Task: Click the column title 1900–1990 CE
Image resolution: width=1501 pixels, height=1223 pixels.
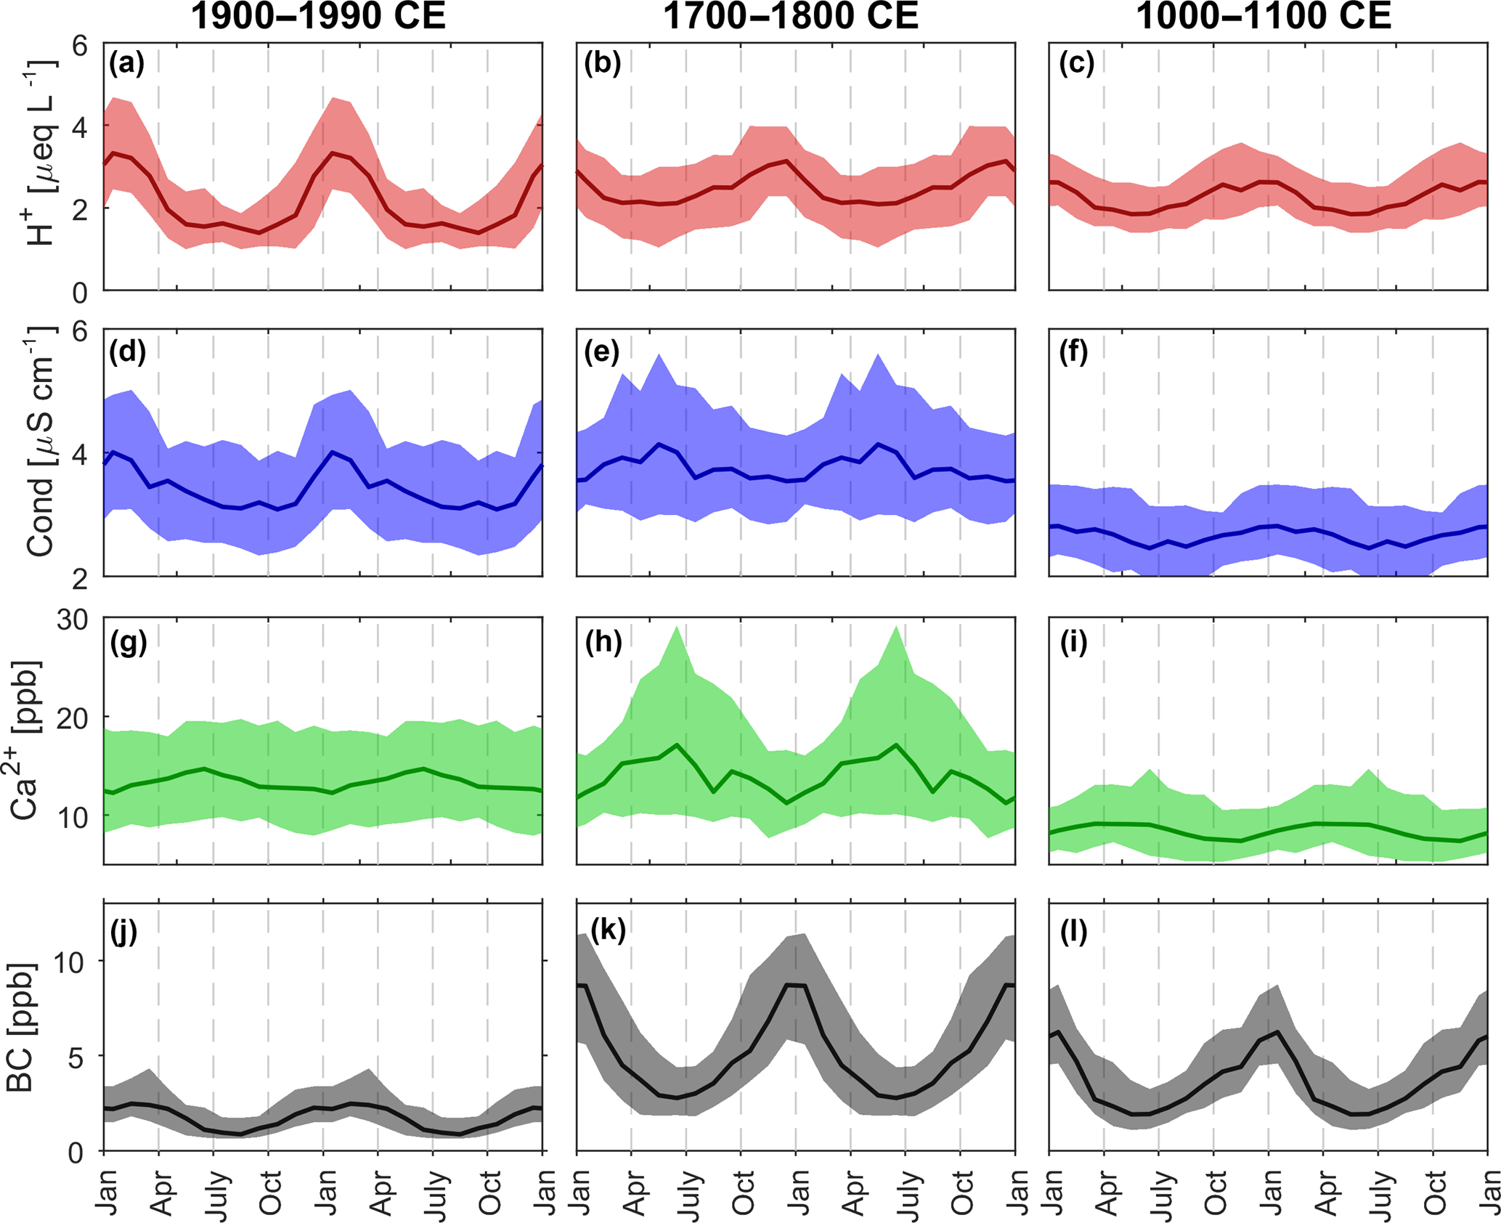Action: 318,16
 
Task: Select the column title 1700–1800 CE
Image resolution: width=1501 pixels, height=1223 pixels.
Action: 791,16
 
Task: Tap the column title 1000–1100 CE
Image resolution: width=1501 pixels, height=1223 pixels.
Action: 1264,16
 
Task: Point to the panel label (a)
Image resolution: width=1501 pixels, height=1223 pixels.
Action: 127,64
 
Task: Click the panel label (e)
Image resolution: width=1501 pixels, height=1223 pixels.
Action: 602,352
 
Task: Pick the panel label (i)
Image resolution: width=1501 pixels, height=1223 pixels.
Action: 1073,643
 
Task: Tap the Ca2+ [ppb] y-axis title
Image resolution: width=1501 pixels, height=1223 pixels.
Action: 26,741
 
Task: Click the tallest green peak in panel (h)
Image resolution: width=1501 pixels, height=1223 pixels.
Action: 677,627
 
